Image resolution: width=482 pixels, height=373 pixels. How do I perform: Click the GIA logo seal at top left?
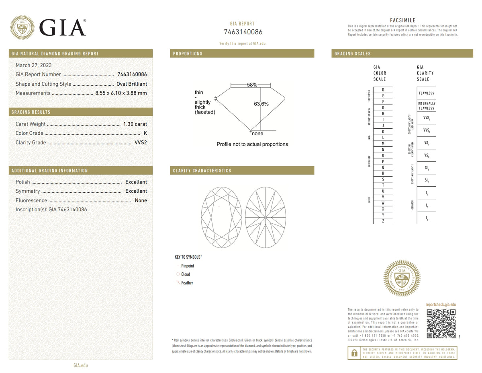coord(22,27)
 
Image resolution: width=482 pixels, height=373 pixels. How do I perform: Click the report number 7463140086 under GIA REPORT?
coord(243,32)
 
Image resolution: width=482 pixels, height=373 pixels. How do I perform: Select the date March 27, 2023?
coord(33,65)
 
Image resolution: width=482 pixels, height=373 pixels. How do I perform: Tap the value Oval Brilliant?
coord(131,84)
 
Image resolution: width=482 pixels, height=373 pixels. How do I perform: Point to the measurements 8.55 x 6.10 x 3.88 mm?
coord(121,93)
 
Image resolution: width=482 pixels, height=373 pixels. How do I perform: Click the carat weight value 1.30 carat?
coord(135,124)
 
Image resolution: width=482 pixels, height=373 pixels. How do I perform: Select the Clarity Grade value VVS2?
coord(140,142)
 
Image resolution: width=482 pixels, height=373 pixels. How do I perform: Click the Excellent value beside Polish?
coord(136,182)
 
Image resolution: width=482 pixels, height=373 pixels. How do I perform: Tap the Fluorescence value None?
coord(141,200)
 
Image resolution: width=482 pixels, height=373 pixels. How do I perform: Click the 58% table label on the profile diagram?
coord(252,85)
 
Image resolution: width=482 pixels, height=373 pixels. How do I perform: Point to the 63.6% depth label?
coord(261,104)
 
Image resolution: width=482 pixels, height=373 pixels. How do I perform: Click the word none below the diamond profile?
coord(257,134)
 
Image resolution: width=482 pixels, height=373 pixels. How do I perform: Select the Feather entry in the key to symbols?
coord(187,283)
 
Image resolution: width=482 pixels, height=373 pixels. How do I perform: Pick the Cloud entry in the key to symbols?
coord(185,274)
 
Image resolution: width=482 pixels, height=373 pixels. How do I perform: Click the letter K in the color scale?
coord(383,132)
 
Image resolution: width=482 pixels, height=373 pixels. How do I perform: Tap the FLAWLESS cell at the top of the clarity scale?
coord(426,93)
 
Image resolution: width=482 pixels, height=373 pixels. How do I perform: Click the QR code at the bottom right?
coord(441,324)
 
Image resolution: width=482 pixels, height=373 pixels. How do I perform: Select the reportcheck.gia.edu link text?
coord(440,305)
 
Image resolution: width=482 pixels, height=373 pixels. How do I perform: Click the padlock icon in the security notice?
coord(354,353)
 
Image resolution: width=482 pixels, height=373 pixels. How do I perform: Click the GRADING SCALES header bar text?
coord(352,54)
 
